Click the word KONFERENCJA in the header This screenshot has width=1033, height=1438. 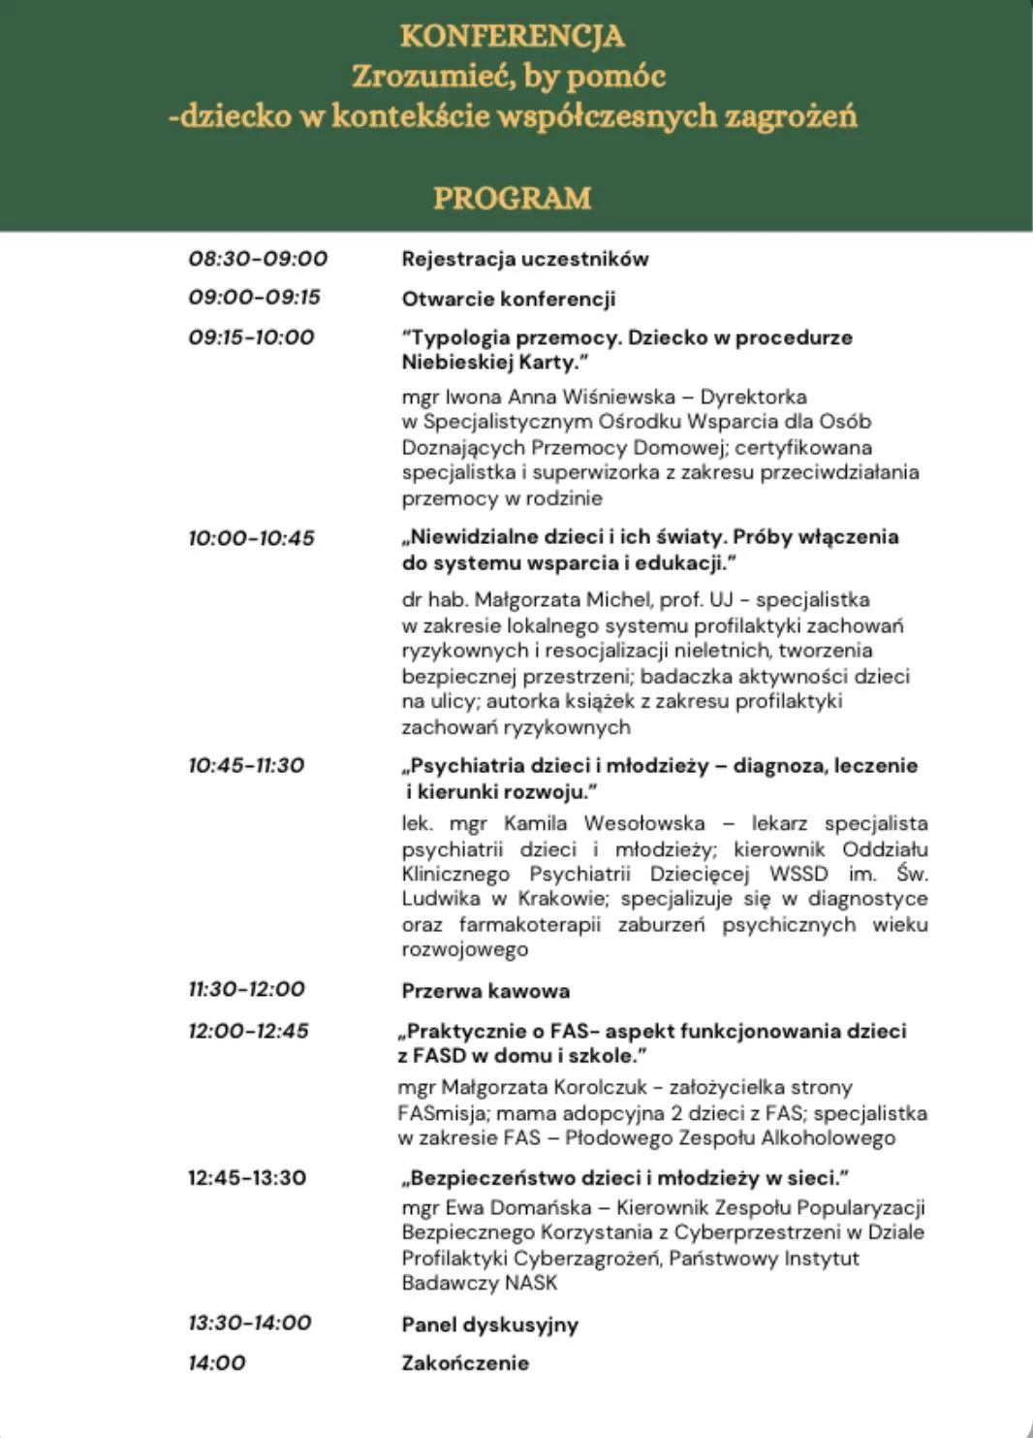(x=512, y=36)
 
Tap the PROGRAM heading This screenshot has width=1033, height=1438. (x=512, y=198)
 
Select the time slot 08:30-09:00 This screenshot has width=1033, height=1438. (x=258, y=259)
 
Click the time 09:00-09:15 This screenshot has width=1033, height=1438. (x=254, y=298)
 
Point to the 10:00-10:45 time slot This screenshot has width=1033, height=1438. (x=251, y=538)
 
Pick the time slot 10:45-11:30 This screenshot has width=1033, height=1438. (x=246, y=766)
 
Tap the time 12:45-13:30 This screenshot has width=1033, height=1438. (x=247, y=1178)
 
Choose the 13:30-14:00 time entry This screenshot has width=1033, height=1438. (x=249, y=1323)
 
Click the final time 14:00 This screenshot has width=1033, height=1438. (x=216, y=1363)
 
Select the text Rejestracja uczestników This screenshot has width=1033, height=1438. (x=525, y=259)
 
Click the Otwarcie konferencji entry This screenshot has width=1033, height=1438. (x=509, y=299)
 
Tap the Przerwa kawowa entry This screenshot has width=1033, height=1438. (x=485, y=991)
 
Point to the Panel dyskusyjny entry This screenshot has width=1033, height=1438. (x=489, y=1325)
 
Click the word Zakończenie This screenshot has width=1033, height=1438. (x=465, y=1363)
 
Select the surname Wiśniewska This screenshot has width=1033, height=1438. (x=617, y=397)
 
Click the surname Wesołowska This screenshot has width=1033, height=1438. (x=644, y=823)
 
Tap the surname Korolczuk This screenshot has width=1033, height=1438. (x=599, y=1088)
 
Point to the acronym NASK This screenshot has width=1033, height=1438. (x=531, y=1283)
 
